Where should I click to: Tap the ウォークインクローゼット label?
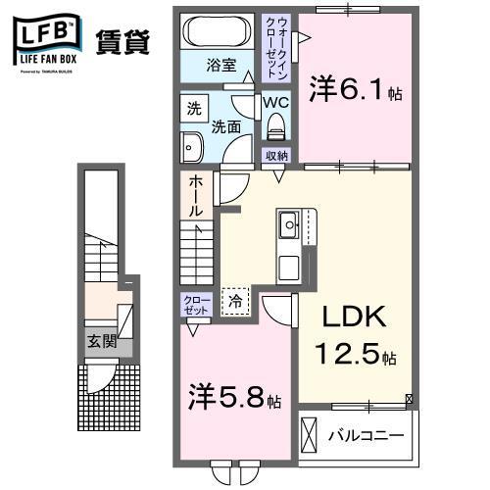click(x=280, y=50)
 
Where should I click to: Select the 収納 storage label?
click(x=276, y=156)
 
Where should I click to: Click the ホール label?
click(x=197, y=196)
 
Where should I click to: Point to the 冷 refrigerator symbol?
click(x=235, y=303)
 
